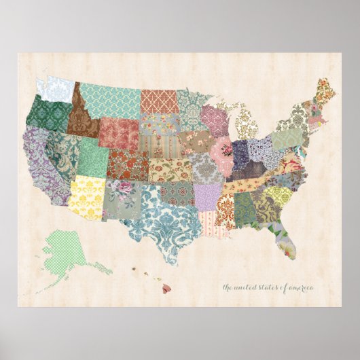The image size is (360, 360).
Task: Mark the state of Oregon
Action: point(48,115)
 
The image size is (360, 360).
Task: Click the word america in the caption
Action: point(301,287)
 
